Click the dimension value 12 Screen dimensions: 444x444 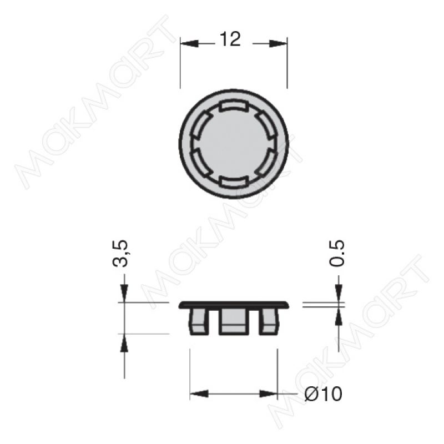pos(230,39)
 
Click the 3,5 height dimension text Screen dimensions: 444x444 pos(120,254)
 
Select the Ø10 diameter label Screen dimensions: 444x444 pos(324,393)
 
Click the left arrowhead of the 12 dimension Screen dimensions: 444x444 pos(189,44)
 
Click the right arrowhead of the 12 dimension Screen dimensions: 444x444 pos(278,44)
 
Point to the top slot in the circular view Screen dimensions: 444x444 pos(234,106)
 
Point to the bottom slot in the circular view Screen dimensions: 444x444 pos(234,181)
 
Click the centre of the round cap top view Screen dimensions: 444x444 pos(234,144)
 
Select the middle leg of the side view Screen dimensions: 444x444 pos(234,321)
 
